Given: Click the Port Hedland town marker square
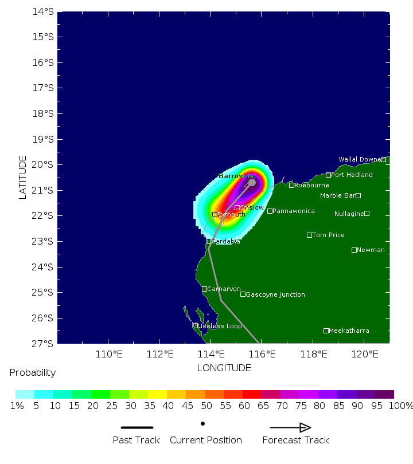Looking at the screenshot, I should (x=328, y=175).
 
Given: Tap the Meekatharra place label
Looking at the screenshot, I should (x=349, y=331).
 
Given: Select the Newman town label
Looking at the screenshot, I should (x=371, y=250).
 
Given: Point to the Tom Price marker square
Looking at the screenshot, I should (x=309, y=235).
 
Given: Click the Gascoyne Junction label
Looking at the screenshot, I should (x=275, y=294).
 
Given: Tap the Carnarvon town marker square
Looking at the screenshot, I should (x=204, y=289).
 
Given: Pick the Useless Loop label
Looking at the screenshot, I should (x=220, y=326).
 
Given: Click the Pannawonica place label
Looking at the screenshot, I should (x=294, y=211).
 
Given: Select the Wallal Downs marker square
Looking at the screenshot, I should (x=383, y=159).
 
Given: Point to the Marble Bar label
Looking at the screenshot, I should (x=337, y=195).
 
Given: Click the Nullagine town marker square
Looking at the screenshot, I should (x=367, y=213).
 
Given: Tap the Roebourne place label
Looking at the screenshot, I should (x=311, y=185).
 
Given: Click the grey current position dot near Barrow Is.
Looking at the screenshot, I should (x=252, y=182).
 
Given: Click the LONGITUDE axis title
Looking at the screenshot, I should (x=224, y=368).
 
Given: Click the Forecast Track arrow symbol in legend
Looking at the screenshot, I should (x=290, y=427).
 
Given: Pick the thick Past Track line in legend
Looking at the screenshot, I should (x=137, y=427).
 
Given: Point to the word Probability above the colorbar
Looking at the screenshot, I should (x=33, y=372).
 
